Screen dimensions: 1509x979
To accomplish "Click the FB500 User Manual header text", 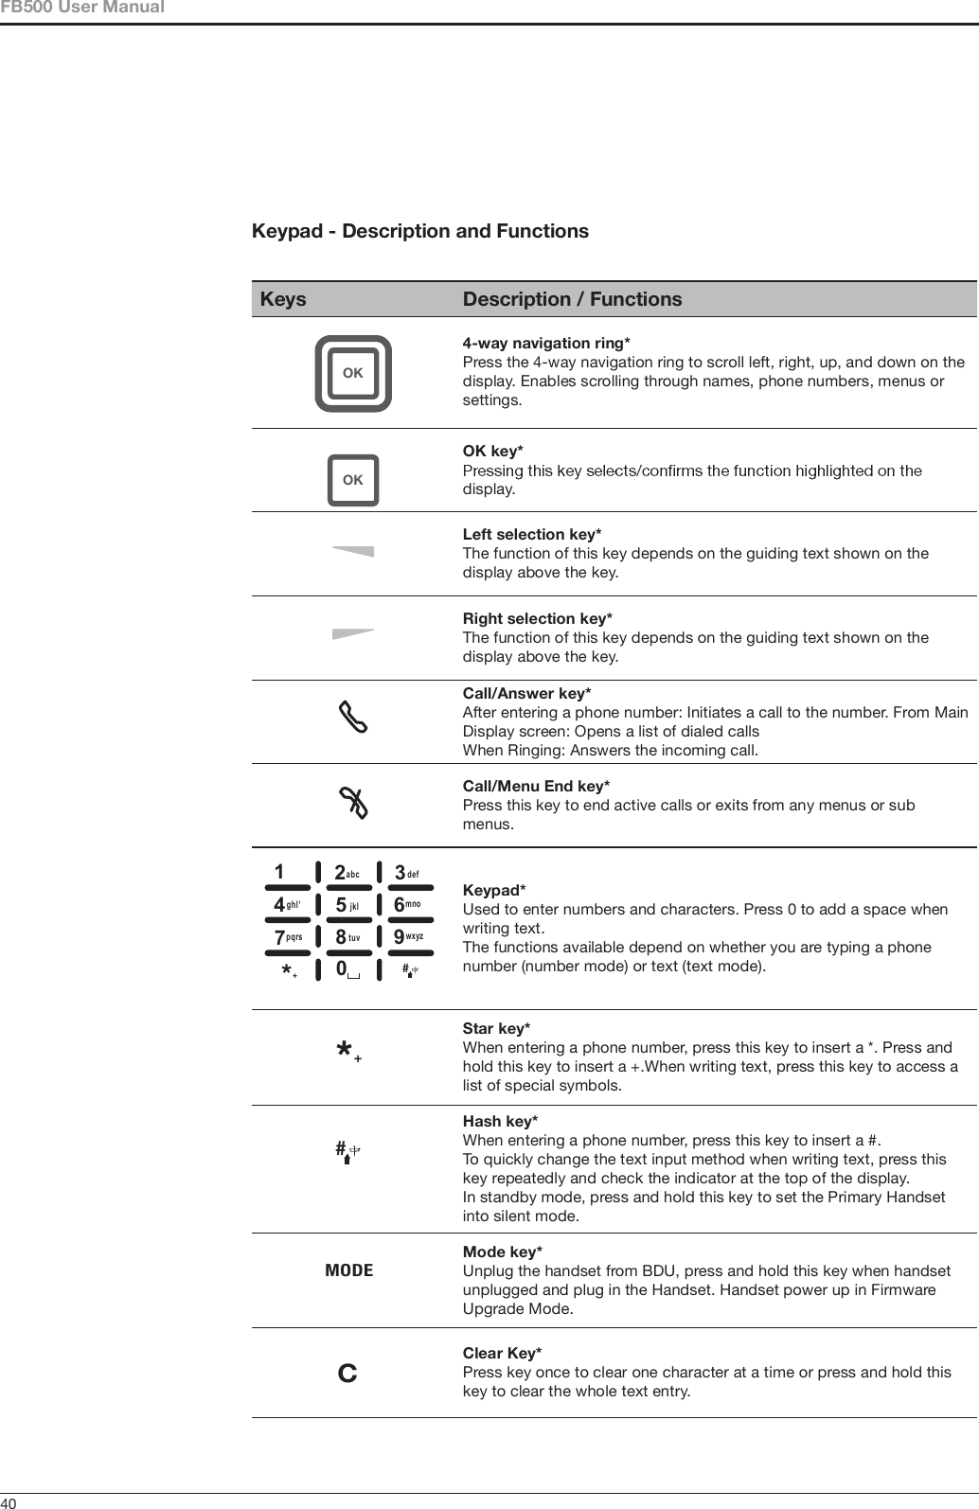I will point(82,9).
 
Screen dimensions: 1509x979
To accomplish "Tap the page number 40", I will point(9,1501).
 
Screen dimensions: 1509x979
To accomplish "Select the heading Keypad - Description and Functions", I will point(419,231).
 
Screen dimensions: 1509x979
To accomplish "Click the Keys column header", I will point(283,299).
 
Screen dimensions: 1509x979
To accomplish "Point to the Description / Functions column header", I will point(572,299).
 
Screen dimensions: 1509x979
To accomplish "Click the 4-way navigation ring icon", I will point(353,373).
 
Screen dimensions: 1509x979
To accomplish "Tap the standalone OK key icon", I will point(353,480).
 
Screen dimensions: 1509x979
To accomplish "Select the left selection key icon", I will point(353,551).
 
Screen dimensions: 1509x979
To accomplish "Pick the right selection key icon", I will point(353,634).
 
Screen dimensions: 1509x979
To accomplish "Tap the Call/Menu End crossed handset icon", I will point(353,805).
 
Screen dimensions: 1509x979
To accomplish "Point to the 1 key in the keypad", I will point(280,872).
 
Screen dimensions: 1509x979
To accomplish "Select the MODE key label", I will point(349,1270).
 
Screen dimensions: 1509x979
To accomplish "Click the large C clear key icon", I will point(348,1373).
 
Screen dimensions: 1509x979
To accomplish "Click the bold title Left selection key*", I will point(532,535).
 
